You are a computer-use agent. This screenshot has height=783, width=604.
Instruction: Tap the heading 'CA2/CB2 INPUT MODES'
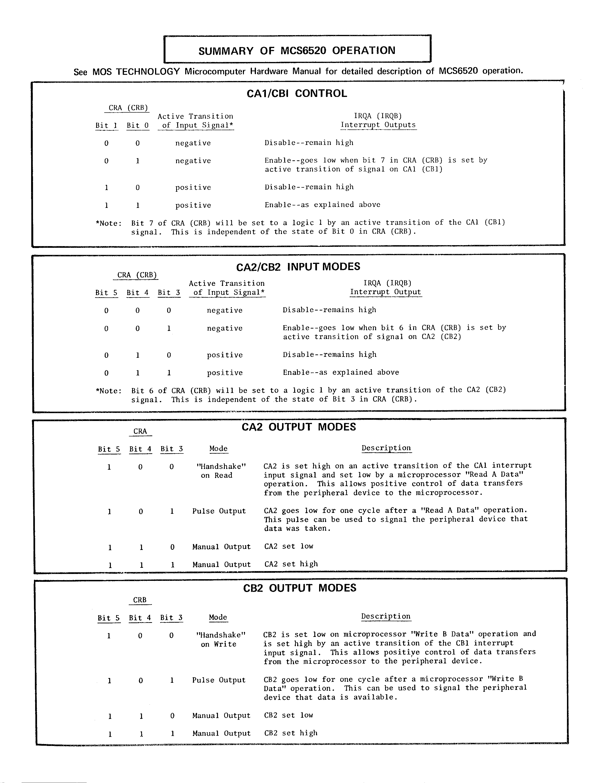(298, 267)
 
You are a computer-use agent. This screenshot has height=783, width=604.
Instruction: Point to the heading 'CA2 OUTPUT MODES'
(299, 427)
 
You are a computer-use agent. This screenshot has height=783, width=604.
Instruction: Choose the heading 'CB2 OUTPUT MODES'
(299, 588)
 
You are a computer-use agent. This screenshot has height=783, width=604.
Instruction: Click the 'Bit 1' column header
(106, 125)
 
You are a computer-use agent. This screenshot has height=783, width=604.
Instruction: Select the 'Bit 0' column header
(137, 125)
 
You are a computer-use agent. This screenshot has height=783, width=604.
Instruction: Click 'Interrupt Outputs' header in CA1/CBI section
(378, 125)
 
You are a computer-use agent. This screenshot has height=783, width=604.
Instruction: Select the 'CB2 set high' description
(291, 733)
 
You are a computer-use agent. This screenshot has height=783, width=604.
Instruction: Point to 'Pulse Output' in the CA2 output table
(219, 511)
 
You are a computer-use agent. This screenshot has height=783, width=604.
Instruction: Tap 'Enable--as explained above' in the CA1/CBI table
(322, 205)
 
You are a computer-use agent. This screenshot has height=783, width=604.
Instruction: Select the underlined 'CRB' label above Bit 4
(140, 600)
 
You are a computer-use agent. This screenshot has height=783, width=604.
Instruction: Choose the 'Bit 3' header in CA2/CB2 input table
(169, 292)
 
